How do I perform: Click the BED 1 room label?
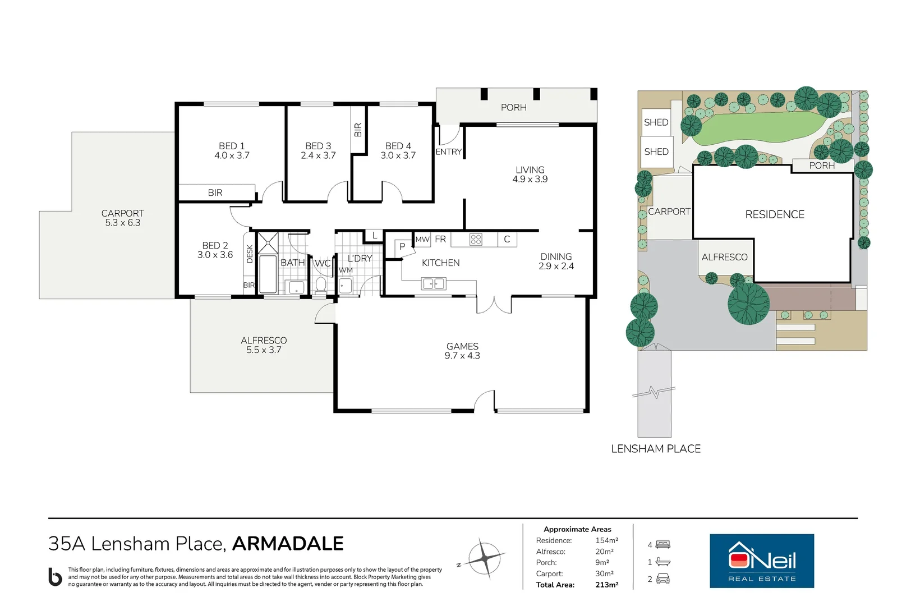[232, 151]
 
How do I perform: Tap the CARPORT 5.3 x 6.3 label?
[123, 218]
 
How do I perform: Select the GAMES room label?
[462, 351]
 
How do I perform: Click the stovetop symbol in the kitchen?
[476, 240]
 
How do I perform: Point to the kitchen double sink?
[433, 284]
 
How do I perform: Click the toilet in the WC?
[321, 285]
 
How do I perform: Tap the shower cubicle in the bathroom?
[268, 242]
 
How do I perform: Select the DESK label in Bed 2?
[250, 254]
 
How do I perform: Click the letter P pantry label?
[402, 246]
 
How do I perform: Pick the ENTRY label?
[449, 152]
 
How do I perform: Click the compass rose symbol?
[484, 558]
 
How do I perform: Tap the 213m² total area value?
[606, 585]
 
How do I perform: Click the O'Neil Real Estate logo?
[761, 561]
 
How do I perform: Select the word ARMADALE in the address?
[288, 544]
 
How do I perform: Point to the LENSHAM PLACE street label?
[655, 449]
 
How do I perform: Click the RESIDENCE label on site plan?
[774, 214]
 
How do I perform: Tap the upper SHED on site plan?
[656, 122]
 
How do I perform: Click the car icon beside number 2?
[663, 579]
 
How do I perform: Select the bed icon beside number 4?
[663, 545]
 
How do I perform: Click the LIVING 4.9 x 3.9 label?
[530, 175]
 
